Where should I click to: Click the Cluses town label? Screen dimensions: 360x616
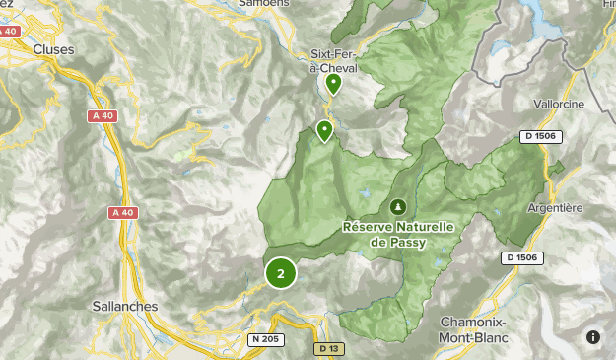[x=53, y=48]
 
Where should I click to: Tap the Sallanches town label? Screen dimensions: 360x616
[x=123, y=306]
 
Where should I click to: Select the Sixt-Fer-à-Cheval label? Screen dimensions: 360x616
[x=333, y=61]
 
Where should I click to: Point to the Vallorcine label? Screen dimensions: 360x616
[x=559, y=104]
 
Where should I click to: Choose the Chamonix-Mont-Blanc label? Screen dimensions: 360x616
[x=474, y=327]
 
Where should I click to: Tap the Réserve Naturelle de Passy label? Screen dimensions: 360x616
[x=398, y=233]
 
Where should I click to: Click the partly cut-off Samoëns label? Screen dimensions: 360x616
[x=265, y=4]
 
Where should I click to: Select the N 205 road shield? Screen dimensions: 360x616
[x=264, y=339]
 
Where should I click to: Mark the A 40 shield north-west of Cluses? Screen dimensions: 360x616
[x=9, y=32]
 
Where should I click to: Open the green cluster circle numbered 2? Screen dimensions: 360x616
[x=281, y=273]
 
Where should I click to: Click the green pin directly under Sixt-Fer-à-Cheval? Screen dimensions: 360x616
[x=334, y=83]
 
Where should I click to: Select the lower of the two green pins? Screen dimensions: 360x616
[x=324, y=130]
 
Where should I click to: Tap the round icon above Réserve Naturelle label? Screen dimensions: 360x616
[x=398, y=206]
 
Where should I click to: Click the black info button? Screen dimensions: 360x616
[x=592, y=336]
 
